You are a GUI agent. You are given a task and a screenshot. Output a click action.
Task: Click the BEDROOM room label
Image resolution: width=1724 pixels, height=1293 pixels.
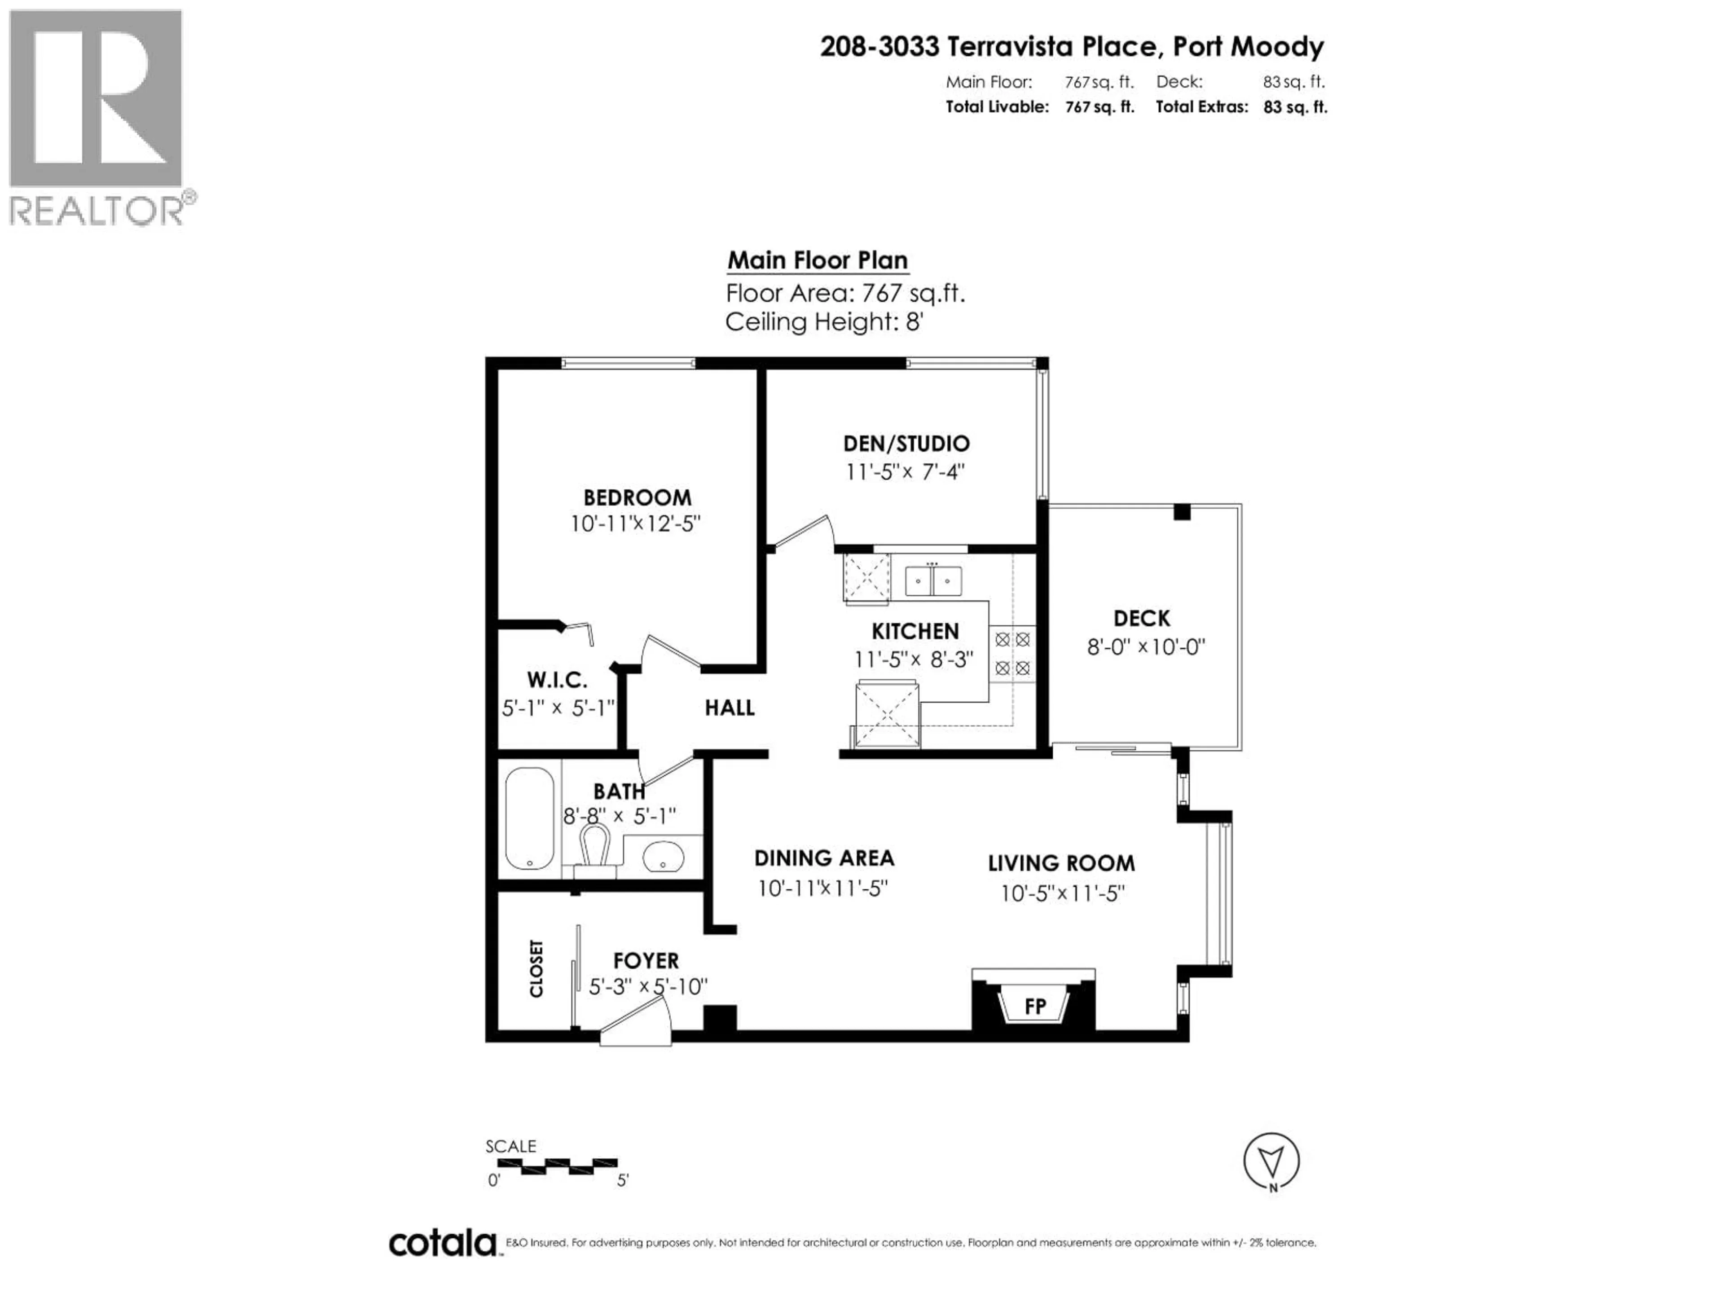pos(637,497)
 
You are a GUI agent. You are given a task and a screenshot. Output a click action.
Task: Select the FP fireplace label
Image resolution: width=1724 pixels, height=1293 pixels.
pos(1034,1007)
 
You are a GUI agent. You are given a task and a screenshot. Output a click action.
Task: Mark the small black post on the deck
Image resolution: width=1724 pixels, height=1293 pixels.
pos(1182,513)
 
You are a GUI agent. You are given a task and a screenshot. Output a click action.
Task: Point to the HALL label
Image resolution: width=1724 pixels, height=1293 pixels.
pos(730,708)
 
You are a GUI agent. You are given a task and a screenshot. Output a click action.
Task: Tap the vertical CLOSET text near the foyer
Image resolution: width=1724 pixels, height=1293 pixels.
pos(536,969)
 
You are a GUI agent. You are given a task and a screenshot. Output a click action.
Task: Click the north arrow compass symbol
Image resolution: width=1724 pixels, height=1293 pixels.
pos(1271,1162)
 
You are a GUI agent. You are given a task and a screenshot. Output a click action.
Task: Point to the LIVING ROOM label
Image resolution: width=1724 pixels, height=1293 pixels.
pos(1061,863)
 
